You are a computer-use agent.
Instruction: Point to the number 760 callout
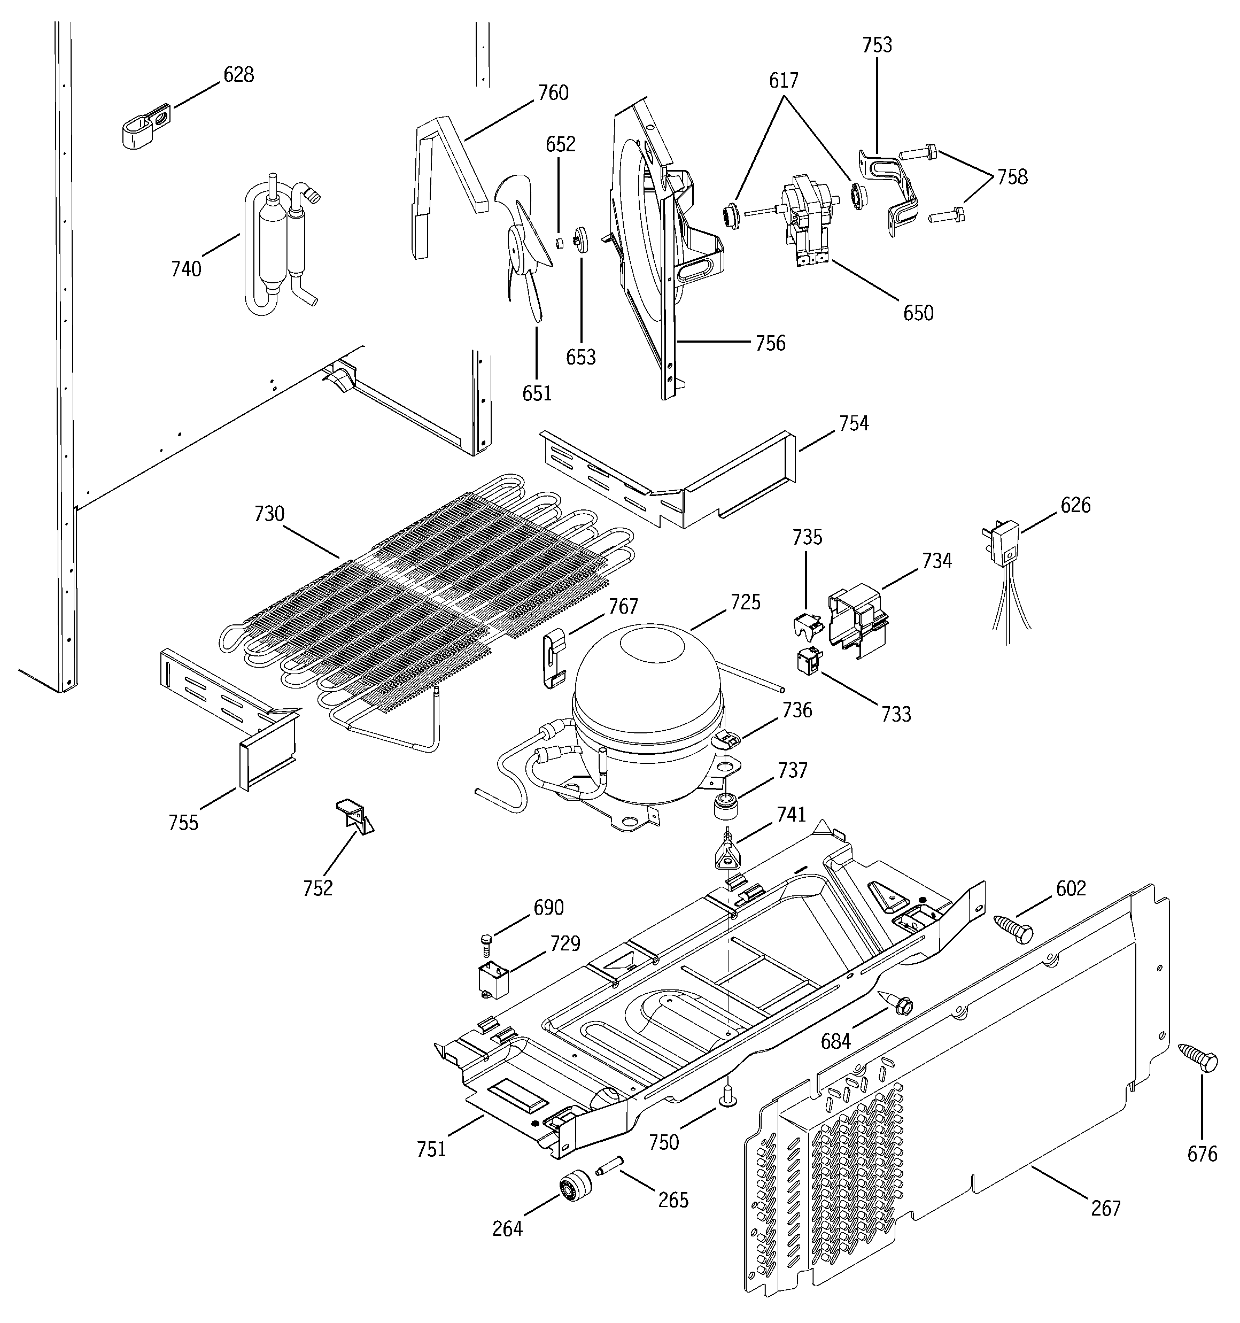553,92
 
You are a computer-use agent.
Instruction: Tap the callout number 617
784,81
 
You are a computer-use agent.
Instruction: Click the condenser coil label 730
269,513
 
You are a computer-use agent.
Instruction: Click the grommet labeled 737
727,807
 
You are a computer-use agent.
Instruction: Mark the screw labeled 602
1012,927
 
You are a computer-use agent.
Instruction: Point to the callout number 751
431,1149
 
